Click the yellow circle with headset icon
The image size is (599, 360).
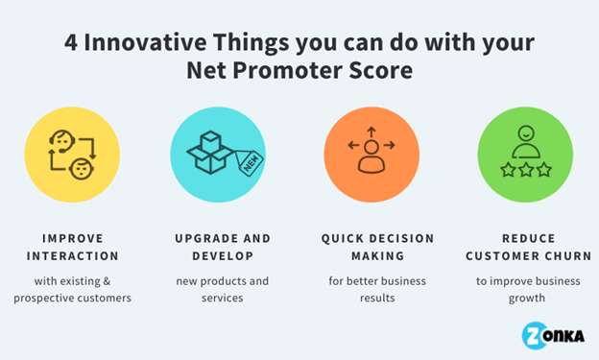point(72,154)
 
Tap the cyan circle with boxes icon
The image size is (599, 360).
point(218,154)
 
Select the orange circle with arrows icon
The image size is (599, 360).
point(371,154)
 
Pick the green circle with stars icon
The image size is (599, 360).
point(524,154)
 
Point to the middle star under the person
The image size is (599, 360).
point(525,170)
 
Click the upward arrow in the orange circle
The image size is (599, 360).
point(371,128)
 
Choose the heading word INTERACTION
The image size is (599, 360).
point(73,256)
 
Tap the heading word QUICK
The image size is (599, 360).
point(343,238)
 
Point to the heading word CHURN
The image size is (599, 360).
point(559,256)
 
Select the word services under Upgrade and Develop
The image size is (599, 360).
point(222,299)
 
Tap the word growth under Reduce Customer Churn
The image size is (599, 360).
point(525,299)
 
